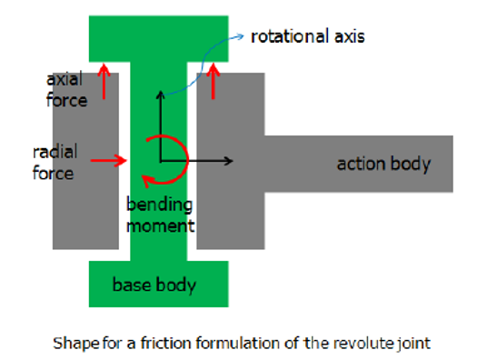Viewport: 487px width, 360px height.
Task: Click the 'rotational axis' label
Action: (x=307, y=37)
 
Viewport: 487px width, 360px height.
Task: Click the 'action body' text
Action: (x=383, y=165)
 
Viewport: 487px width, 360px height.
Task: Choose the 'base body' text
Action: (x=154, y=285)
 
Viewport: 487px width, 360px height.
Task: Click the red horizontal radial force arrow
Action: (x=109, y=161)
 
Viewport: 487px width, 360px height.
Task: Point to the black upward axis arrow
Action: (x=161, y=123)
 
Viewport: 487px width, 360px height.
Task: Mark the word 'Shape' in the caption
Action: (x=72, y=344)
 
